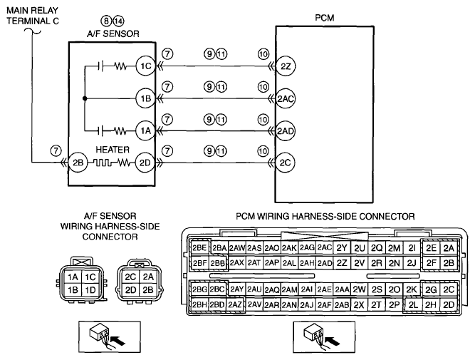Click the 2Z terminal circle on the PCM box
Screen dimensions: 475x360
pos(286,66)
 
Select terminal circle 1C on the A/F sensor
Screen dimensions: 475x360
pos(146,66)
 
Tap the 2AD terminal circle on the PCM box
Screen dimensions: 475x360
pos(286,131)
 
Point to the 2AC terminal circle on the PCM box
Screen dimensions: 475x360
pos(286,98)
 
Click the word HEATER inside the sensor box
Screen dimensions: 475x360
pos(113,150)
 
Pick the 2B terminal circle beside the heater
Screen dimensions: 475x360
pos(78,163)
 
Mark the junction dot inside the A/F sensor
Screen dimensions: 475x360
pos(85,98)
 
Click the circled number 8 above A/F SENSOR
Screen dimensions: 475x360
pos(106,21)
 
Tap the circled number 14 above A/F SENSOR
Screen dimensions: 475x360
pos(118,21)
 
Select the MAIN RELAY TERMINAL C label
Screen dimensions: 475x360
pos(33,16)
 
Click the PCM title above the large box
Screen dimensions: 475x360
pos(325,18)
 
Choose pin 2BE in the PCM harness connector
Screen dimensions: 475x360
pos(199,248)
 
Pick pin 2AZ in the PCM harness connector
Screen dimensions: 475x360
pos(236,304)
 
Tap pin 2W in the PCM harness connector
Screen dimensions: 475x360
pos(360,289)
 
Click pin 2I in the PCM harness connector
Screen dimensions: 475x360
pos(412,248)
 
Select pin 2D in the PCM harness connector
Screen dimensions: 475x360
pos(449,304)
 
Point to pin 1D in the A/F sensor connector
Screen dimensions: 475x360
pos(90,290)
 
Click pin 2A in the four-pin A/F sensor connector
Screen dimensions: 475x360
pos(148,277)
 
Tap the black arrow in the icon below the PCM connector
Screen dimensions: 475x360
pos(333,341)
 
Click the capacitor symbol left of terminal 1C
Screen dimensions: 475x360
pos(101,66)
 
